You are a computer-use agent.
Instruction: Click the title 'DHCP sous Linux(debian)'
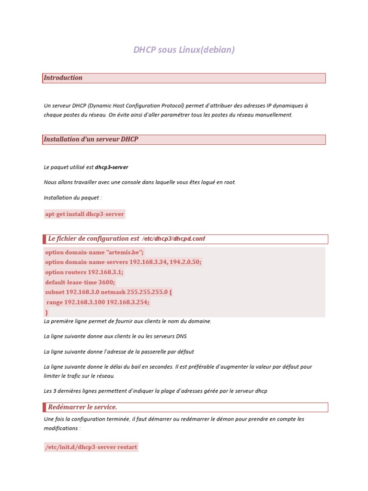(x=184, y=50)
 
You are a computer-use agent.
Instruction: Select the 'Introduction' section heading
(x=63, y=78)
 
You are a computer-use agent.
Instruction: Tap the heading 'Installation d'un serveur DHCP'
(x=91, y=139)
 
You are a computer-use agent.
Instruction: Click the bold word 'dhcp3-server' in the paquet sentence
(x=112, y=167)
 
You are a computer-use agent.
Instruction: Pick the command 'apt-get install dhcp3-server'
(x=84, y=214)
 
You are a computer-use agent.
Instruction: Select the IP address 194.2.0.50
(x=185, y=262)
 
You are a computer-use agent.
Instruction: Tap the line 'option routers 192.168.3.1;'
(x=84, y=272)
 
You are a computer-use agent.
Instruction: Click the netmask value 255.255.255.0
(x=147, y=292)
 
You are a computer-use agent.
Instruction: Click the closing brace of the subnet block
(x=46, y=312)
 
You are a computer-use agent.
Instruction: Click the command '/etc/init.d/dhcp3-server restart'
(x=91, y=447)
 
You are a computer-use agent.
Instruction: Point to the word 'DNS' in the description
(x=182, y=336)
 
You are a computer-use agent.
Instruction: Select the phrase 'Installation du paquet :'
(x=73, y=198)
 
